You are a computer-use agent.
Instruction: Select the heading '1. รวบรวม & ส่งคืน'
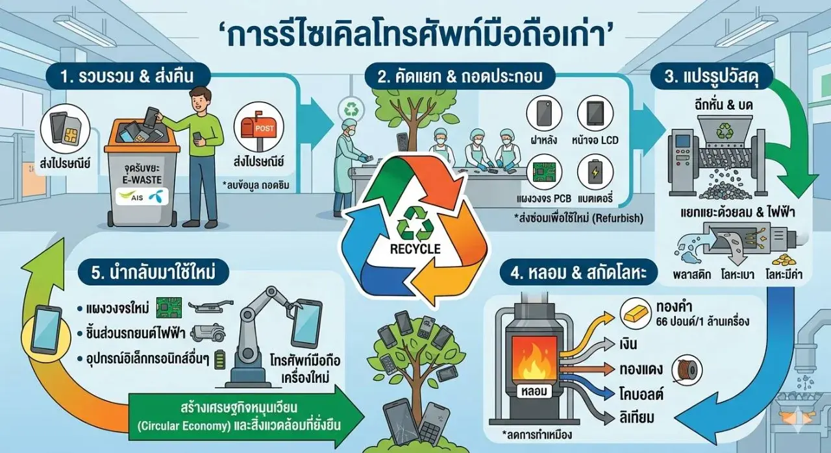point(127,77)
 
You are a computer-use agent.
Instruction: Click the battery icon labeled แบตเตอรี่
point(595,173)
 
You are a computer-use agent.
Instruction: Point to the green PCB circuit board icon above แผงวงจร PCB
point(543,173)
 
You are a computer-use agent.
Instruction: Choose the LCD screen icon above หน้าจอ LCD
point(595,114)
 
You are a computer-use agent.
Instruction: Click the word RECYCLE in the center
point(415,249)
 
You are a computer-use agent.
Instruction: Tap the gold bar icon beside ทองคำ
point(636,313)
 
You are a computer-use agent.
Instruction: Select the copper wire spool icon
point(687,370)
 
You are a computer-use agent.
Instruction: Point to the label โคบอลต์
point(641,393)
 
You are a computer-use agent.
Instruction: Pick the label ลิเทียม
point(637,417)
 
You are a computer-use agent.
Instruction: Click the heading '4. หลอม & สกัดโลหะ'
point(578,273)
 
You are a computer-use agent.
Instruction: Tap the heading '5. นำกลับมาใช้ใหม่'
point(153,273)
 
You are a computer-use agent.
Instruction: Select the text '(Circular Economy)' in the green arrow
point(184,426)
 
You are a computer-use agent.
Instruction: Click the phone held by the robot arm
point(306,324)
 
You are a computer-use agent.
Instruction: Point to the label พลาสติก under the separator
point(692,275)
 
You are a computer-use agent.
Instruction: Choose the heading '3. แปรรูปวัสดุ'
point(712,77)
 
